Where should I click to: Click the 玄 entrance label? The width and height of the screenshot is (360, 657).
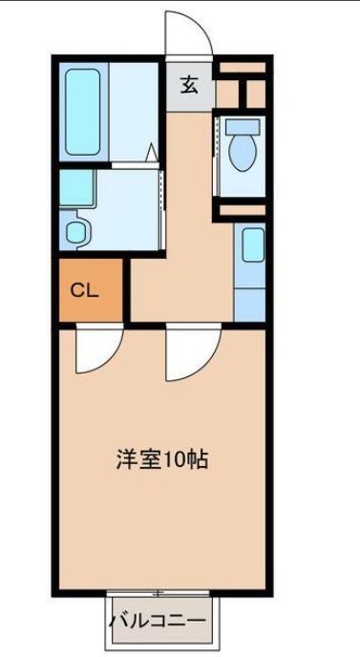coord(190,85)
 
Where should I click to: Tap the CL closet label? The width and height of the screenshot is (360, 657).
coord(85,291)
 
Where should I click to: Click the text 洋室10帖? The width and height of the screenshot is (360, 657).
coord(161,459)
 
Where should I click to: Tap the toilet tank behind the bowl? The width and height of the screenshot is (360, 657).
coord(243,126)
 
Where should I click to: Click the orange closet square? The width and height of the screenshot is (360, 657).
coord(91,291)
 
